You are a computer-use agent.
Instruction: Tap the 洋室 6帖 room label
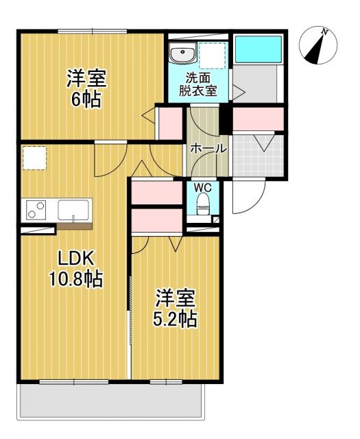[x=86, y=88]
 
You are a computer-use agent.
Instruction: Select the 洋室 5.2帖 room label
[x=176, y=308]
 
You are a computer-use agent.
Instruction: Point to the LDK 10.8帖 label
[x=75, y=269]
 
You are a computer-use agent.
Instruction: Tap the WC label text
[x=202, y=187]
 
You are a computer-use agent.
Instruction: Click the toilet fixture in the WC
[x=202, y=203]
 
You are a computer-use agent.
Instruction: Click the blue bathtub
[x=257, y=49]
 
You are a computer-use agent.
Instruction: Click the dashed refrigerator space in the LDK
[x=34, y=158]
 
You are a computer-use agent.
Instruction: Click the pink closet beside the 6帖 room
[x=169, y=121]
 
